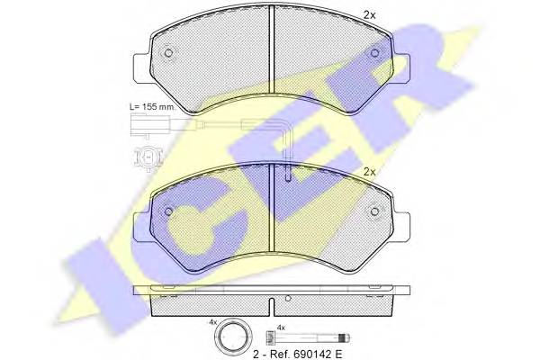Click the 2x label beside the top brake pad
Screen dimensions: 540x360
pos(370,14)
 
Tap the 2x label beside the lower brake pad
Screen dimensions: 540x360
pos(370,172)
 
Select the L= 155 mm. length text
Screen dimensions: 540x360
pos(153,106)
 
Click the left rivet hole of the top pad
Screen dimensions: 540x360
pos(168,53)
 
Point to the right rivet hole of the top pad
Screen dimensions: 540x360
pos(374,53)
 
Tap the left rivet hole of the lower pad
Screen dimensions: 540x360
pos(168,211)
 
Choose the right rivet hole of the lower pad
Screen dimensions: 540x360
pos(374,211)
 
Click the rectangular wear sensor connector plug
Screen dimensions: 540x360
pos(150,125)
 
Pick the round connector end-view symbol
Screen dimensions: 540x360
pos(148,158)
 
